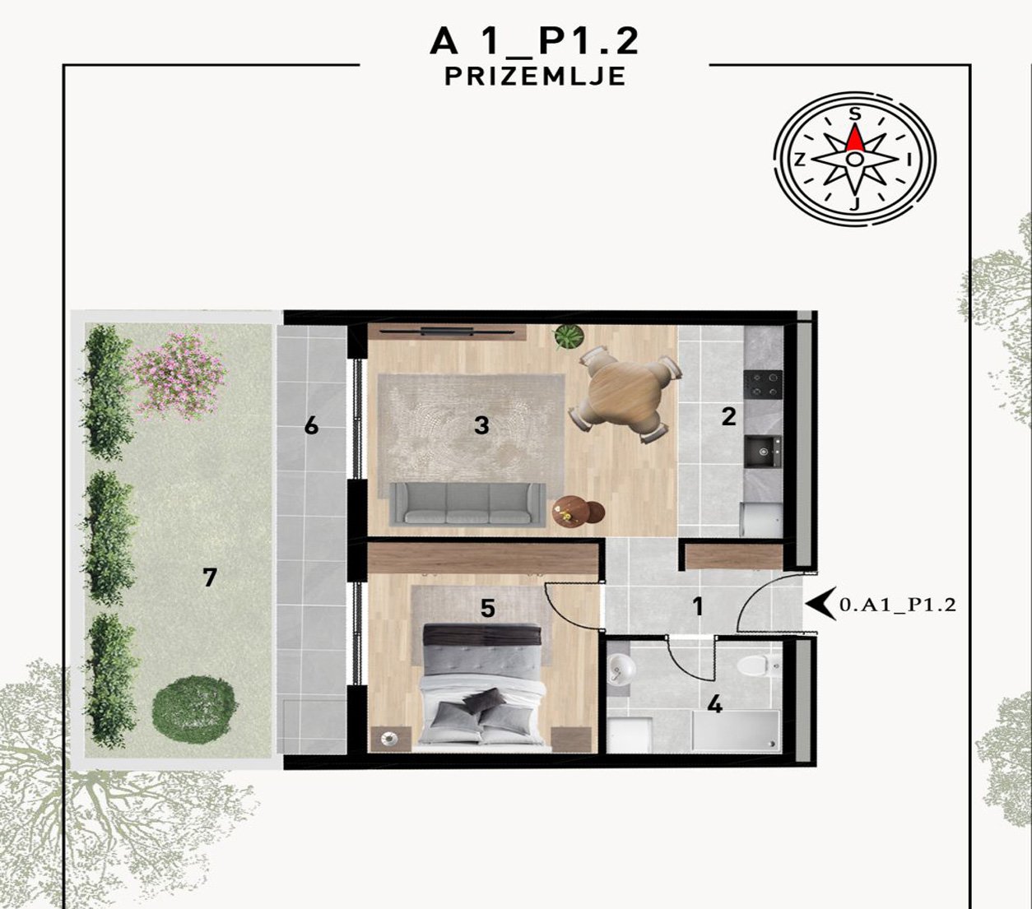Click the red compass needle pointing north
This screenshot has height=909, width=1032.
(855, 137)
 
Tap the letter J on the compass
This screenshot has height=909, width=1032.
(855, 204)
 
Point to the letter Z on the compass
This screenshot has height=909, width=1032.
(800, 161)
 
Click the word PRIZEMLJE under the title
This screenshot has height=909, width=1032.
(535, 77)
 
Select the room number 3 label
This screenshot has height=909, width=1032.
(481, 426)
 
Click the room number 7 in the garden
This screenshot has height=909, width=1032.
(209, 577)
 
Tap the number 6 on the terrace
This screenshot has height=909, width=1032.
(311, 426)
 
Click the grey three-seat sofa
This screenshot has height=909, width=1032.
(467, 503)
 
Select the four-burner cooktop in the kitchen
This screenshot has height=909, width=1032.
(763, 384)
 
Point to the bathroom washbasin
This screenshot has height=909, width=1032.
(621, 667)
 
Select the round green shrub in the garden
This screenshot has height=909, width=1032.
(194, 708)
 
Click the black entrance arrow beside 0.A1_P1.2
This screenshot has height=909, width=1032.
(821, 604)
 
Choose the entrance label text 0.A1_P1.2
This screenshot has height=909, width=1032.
(897, 605)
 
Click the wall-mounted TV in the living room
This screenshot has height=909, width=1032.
(447, 332)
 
